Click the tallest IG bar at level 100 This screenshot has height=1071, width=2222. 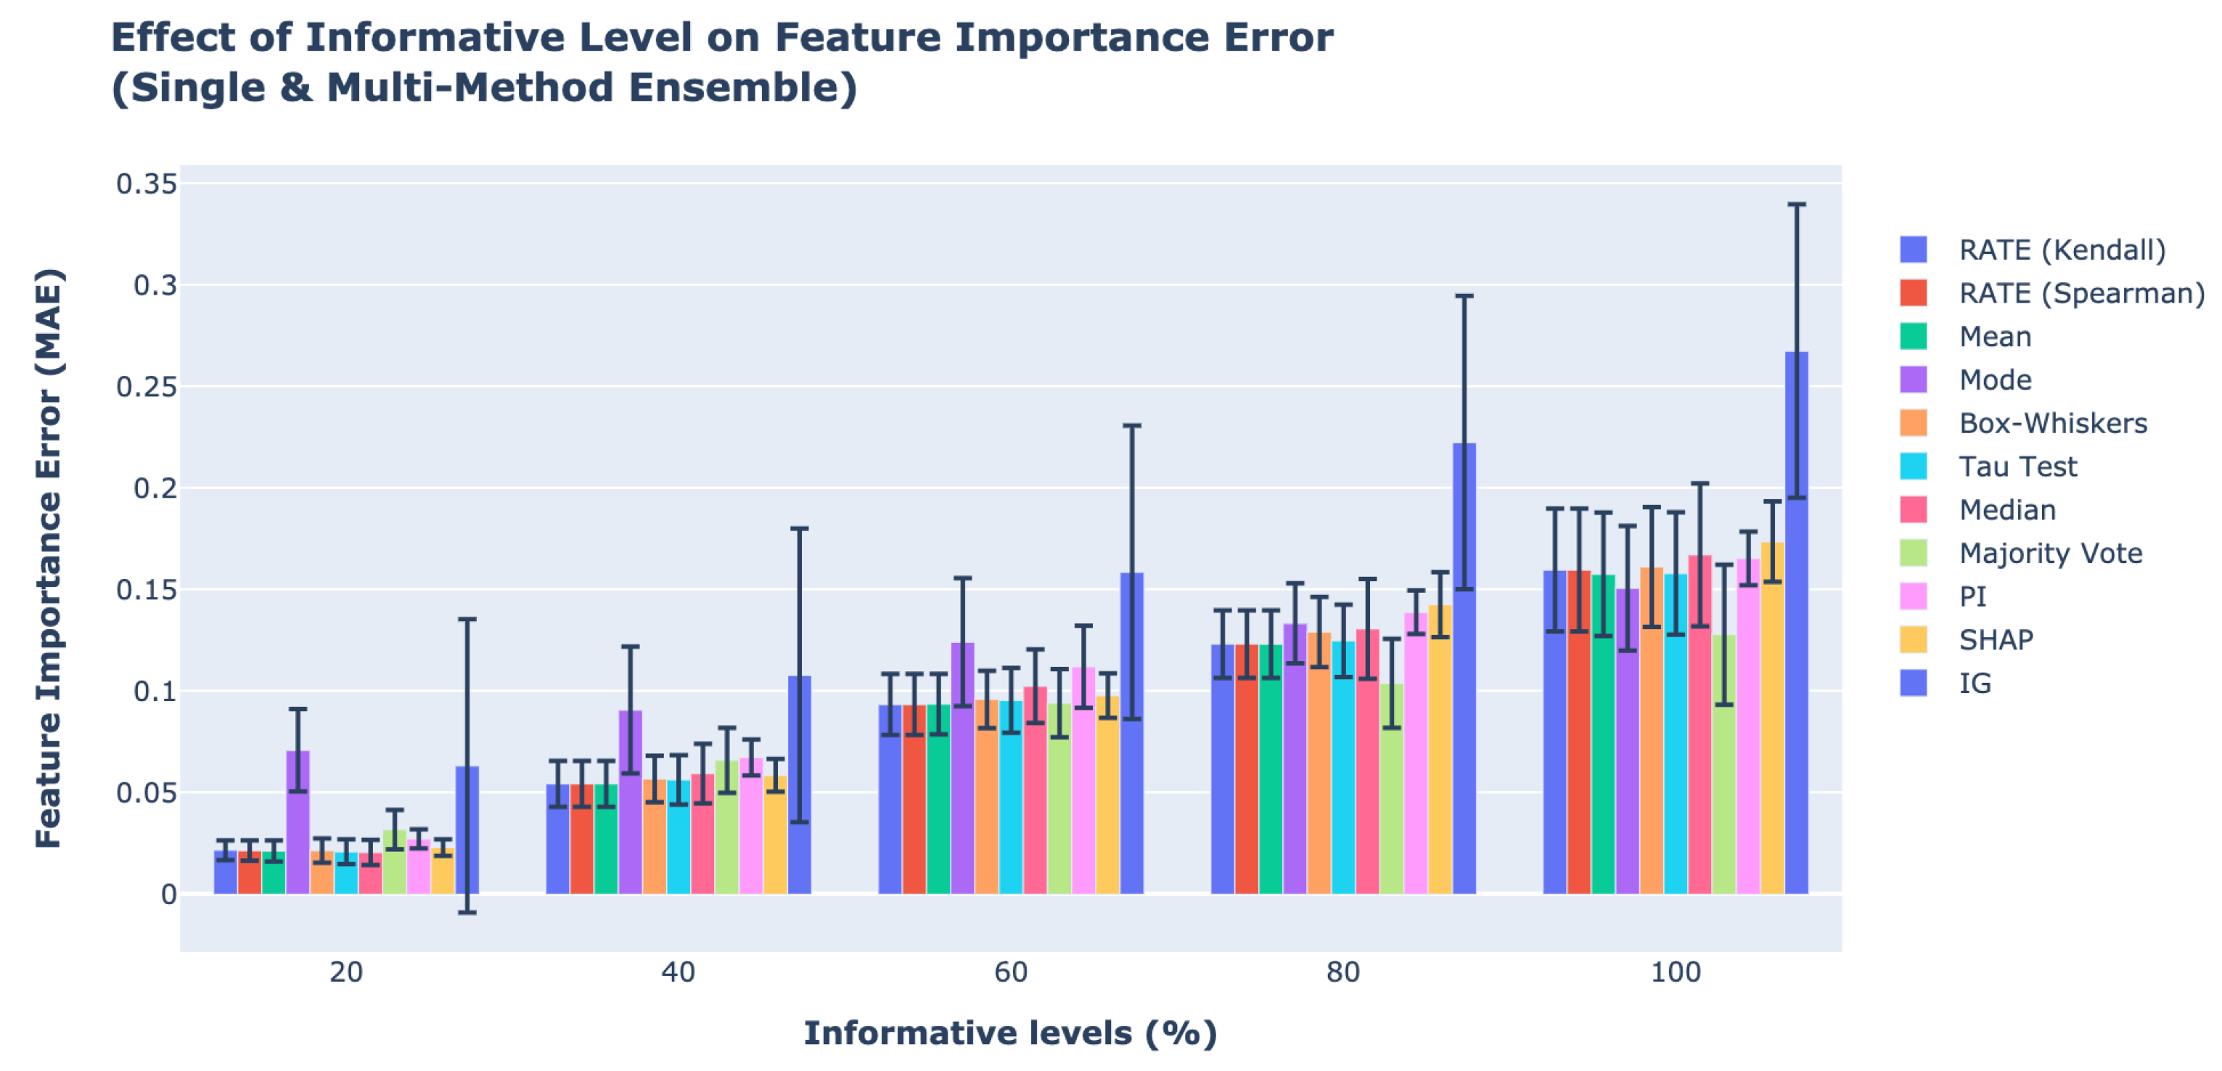click(1796, 621)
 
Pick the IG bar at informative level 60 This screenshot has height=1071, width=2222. click(1132, 733)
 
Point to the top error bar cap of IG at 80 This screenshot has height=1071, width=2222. click(1464, 296)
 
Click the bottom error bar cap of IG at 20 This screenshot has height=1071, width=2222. click(467, 912)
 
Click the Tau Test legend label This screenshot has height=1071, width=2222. click(2017, 467)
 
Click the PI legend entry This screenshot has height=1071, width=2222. click(1972, 596)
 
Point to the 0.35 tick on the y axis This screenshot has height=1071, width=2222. click(147, 184)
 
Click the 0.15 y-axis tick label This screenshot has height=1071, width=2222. click(147, 590)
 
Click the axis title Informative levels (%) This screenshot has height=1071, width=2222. click(1010, 1033)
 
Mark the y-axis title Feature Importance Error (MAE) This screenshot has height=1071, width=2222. click(49, 558)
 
